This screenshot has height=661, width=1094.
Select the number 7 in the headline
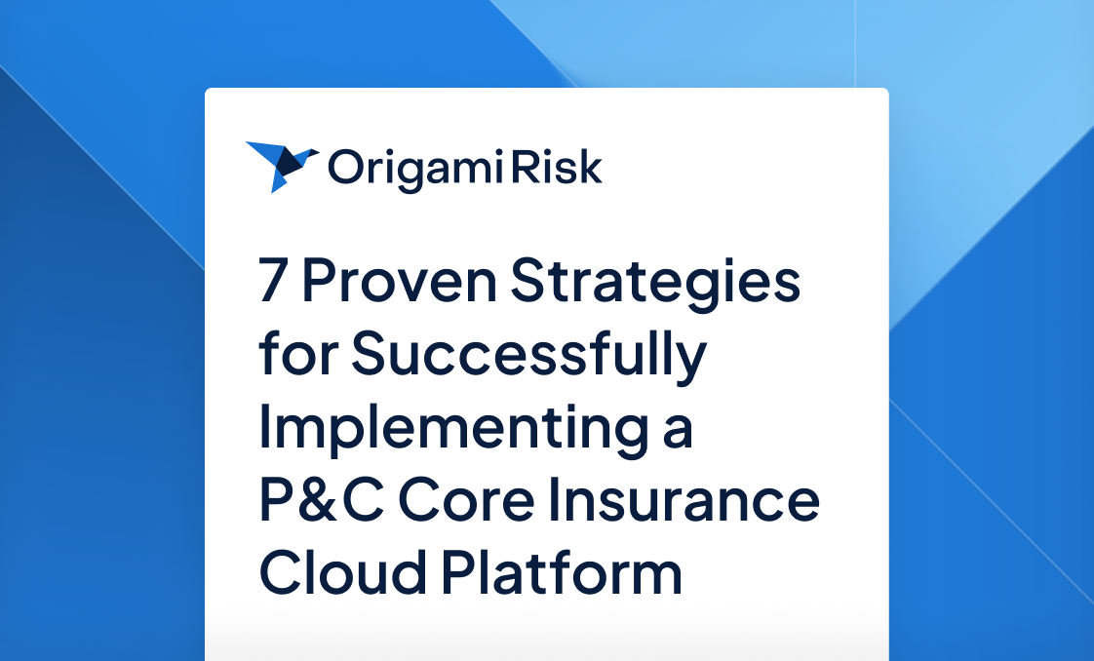(274, 283)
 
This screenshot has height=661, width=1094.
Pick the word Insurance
(689, 500)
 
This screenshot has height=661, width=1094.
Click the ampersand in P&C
(321, 500)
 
